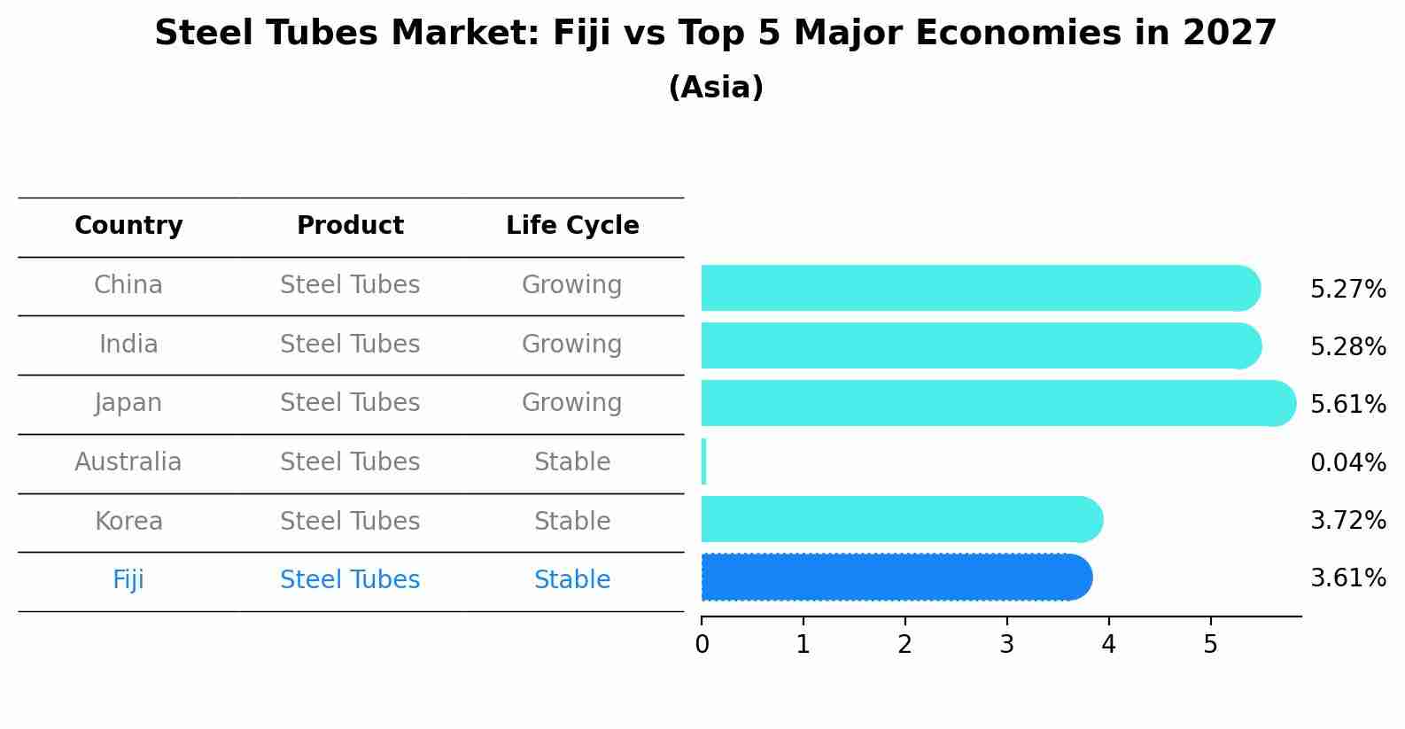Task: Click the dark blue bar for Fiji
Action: (x=895, y=578)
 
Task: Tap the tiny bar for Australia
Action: (x=704, y=461)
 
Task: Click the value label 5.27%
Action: (x=1347, y=290)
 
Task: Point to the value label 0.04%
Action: (x=1347, y=462)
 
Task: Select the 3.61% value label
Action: (x=1347, y=578)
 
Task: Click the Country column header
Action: (x=128, y=226)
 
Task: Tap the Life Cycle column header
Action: (x=572, y=226)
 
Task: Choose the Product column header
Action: (x=350, y=226)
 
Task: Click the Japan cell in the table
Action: (x=128, y=403)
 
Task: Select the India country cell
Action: (x=128, y=344)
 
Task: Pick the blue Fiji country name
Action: (x=128, y=580)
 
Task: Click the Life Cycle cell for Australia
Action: (x=572, y=462)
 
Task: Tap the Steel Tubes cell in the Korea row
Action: (x=350, y=521)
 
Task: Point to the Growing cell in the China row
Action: (x=572, y=285)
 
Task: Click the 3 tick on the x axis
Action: (x=1006, y=644)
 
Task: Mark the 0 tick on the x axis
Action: (x=702, y=644)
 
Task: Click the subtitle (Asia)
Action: (x=716, y=88)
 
